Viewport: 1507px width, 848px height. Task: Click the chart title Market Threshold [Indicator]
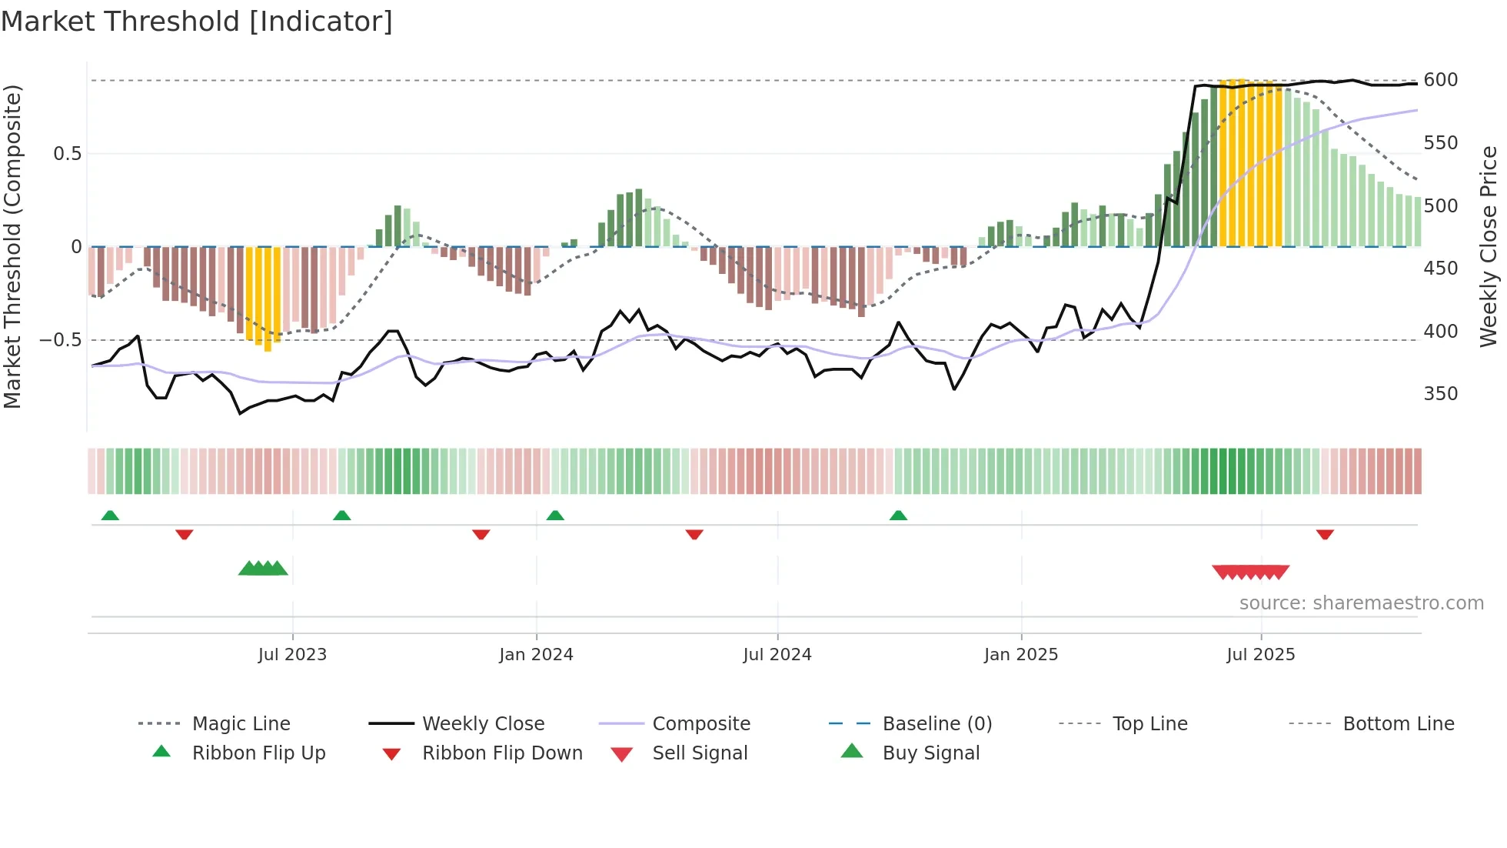point(197,22)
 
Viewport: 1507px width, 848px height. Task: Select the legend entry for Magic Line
point(241,724)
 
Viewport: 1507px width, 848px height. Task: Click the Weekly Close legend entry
point(483,724)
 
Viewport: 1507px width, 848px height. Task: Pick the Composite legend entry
point(700,724)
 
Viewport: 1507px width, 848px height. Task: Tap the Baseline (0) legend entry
point(936,724)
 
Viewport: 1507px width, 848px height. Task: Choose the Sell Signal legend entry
point(699,753)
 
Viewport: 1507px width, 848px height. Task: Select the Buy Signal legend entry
point(930,753)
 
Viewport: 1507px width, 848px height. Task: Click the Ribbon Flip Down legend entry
point(501,753)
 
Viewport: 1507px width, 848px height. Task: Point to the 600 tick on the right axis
point(1440,80)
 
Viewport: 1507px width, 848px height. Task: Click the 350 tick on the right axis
point(1440,394)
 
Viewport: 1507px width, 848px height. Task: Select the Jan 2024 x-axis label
point(536,655)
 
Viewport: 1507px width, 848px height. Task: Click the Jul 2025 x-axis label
point(1260,655)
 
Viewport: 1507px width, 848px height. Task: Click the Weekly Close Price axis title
point(1489,246)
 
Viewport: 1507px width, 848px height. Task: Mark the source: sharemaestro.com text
point(1361,603)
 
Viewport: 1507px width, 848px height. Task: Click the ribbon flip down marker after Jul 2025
point(1324,534)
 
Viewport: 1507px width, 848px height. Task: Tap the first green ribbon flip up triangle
point(110,516)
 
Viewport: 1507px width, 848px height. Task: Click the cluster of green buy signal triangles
point(263,569)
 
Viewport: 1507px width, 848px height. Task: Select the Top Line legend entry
point(1149,724)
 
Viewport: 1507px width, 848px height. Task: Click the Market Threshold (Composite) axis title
point(13,246)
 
